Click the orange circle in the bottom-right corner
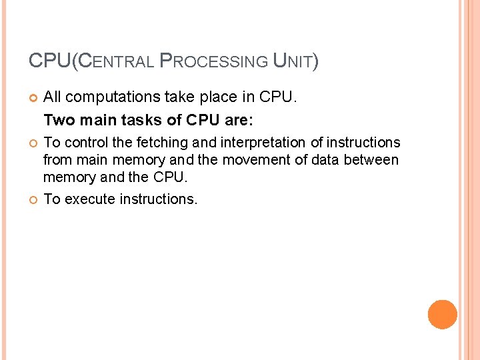[x=443, y=314]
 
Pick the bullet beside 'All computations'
[x=33, y=98]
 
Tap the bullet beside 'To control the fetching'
[x=33, y=143]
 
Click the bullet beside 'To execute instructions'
[x=33, y=199]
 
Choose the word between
[x=374, y=160]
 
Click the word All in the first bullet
[x=53, y=97]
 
